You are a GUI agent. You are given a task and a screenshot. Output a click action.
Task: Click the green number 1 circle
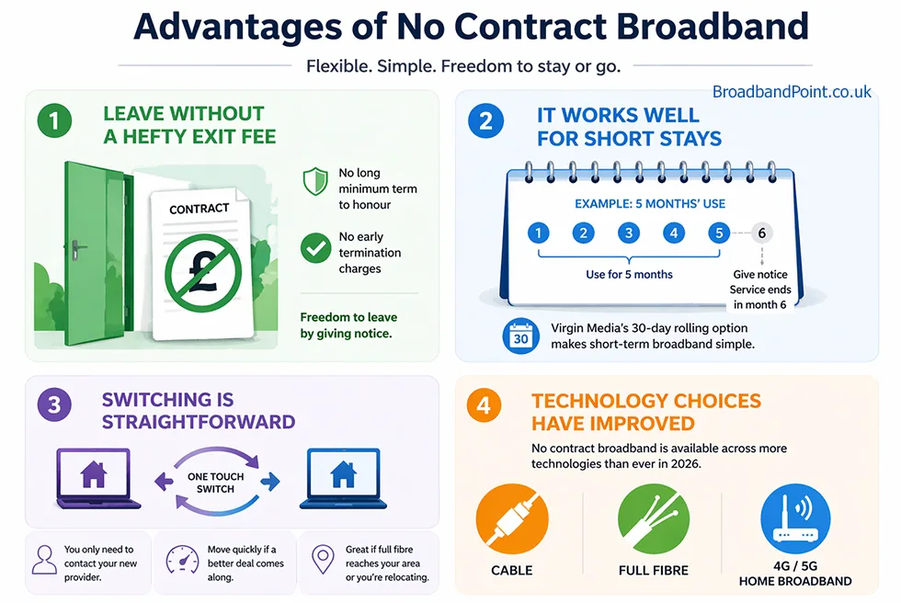(55, 121)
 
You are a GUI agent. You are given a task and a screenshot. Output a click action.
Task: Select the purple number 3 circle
(54, 405)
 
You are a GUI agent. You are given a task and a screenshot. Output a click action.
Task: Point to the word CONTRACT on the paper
(199, 209)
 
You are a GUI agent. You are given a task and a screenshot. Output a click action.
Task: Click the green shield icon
(315, 180)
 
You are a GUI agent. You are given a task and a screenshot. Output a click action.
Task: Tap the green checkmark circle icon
(315, 246)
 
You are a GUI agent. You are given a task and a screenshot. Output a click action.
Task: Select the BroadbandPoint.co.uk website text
(792, 92)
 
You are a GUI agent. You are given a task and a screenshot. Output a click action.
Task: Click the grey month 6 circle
(761, 233)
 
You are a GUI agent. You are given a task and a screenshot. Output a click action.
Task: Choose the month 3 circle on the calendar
(629, 233)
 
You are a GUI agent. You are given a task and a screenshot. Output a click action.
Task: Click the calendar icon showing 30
(520, 336)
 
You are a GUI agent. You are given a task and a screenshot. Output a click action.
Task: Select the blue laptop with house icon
(343, 476)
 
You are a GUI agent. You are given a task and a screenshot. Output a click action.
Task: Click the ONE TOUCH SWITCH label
(216, 483)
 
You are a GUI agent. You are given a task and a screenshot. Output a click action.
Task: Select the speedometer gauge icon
(182, 560)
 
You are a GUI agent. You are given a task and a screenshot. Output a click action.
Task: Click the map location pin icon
(322, 559)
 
